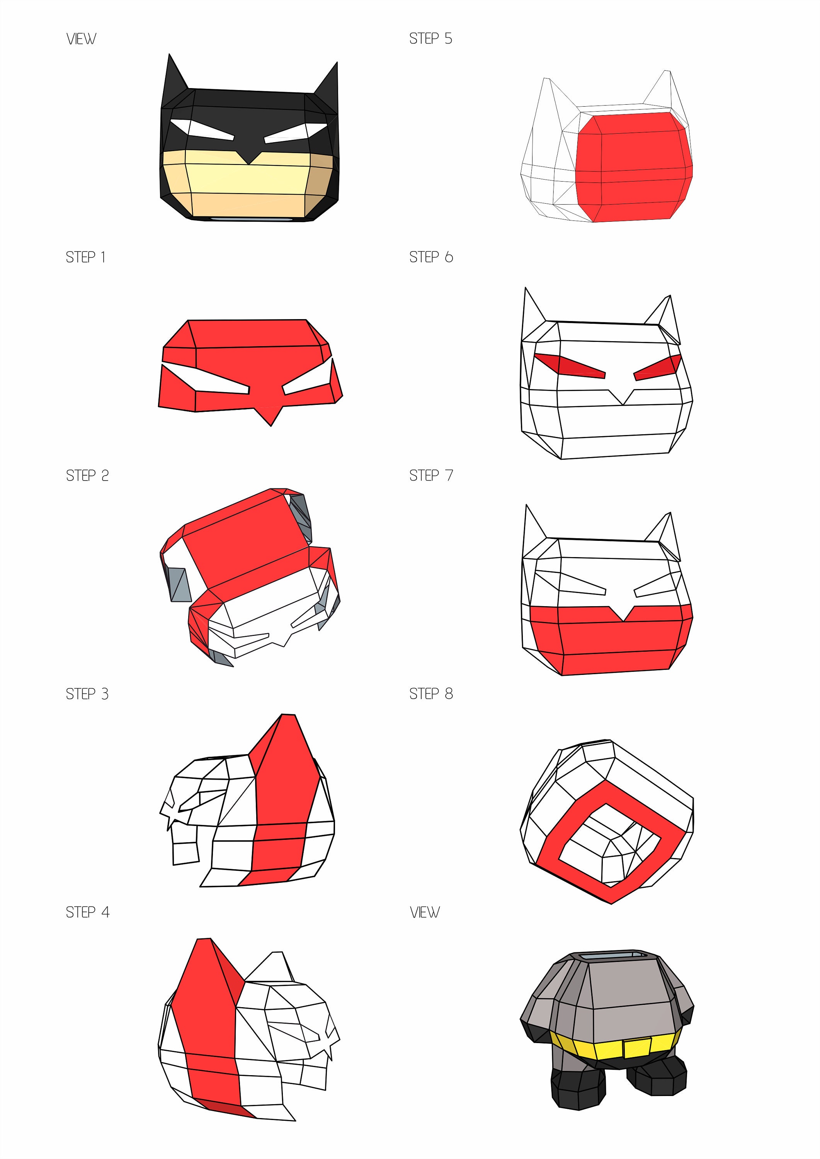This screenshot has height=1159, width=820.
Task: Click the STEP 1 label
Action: pyautogui.click(x=85, y=257)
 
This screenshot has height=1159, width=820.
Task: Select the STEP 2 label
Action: pyautogui.click(x=87, y=476)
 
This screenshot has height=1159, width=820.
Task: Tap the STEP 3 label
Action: pyautogui.click(x=87, y=694)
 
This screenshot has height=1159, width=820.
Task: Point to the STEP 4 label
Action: pyautogui.click(x=87, y=912)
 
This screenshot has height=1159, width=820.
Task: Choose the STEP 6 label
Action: pyautogui.click(x=431, y=257)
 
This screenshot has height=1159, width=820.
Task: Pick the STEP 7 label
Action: pyautogui.click(x=431, y=476)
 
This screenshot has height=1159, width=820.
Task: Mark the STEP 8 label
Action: pyautogui.click(x=431, y=694)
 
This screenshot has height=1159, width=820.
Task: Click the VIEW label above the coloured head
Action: pyautogui.click(x=81, y=39)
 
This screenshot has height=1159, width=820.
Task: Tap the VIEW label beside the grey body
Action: pyautogui.click(x=424, y=912)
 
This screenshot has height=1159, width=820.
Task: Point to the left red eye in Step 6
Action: pyautogui.click(x=569, y=365)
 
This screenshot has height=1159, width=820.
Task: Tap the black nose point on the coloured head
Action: pyautogui.click(x=248, y=155)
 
